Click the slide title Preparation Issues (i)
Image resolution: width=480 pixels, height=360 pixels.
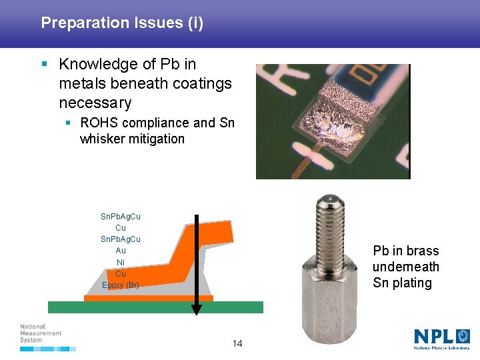tap(122, 23)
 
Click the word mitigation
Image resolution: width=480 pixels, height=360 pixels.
tap(159, 139)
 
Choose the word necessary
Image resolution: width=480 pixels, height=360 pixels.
tap(95, 103)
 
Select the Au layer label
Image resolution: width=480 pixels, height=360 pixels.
tap(121, 251)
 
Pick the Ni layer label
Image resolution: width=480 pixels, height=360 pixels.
tap(121, 262)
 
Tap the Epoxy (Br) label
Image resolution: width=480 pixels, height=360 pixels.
tap(121, 285)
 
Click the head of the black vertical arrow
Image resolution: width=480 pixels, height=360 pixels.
tap(196, 309)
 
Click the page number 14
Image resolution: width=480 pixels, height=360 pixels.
tap(237, 343)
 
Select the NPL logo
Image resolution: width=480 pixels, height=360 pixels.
tap(441, 337)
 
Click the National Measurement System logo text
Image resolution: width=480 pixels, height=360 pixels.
tap(41, 333)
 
